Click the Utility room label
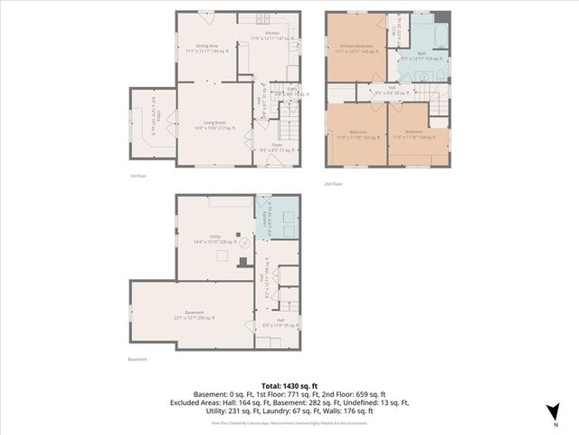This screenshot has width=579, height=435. pos(215,238)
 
